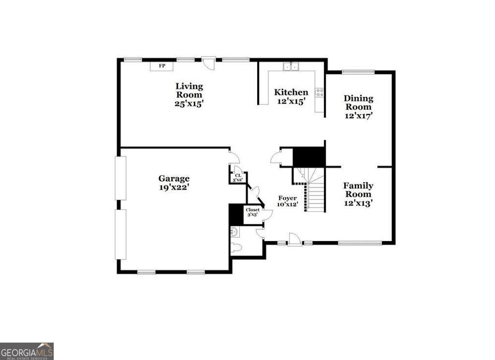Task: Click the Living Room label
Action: coord(189,94)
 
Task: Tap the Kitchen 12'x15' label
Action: coord(291,96)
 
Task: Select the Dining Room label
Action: coord(358,106)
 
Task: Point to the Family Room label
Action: coord(358,194)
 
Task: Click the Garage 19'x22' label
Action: coord(174,182)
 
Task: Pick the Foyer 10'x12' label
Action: coord(287,201)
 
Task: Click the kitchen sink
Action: coord(291,67)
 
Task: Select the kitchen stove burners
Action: coord(319,92)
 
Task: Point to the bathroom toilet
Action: coord(235,248)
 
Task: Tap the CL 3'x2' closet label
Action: coord(238,178)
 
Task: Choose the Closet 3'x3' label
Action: coord(252,212)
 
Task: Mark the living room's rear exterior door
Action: coord(208,62)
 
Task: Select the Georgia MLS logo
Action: coord(27,351)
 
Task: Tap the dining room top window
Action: coord(358,72)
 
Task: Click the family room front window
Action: coord(359,243)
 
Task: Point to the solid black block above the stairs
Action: coord(309,157)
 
